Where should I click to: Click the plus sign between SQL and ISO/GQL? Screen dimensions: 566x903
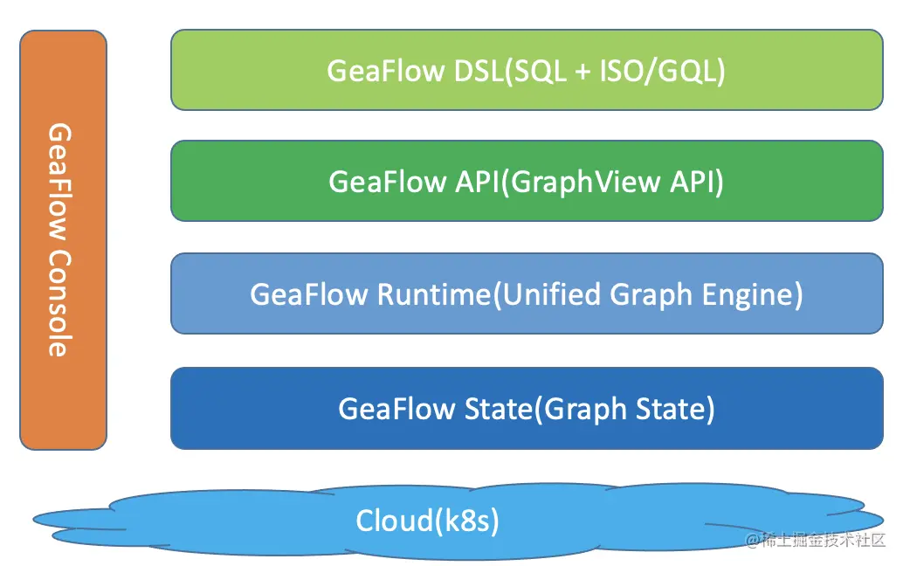coord(582,72)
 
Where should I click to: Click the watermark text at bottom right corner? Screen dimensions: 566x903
coord(815,542)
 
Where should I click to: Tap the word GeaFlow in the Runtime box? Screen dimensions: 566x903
coord(309,294)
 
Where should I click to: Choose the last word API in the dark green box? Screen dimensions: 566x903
coord(699,182)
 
